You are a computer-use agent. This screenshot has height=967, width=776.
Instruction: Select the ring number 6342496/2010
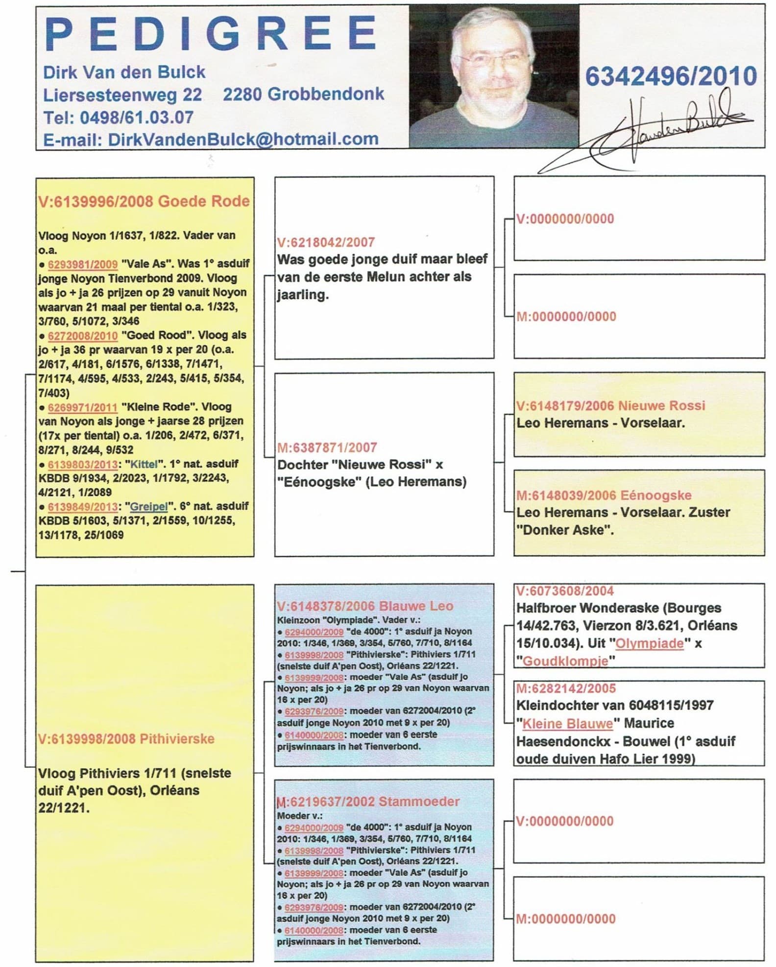pyautogui.click(x=671, y=76)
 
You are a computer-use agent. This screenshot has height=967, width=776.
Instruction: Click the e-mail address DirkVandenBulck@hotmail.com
pyautogui.click(x=243, y=139)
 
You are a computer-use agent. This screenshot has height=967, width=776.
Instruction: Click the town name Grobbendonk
pyautogui.click(x=327, y=94)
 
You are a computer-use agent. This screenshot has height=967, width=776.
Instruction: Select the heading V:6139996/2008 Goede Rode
pyautogui.click(x=144, y=201)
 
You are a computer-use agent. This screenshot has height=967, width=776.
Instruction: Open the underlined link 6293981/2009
pyautogui.click(x=82, y=264)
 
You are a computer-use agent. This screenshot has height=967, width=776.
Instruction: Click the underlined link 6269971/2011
pyautogui.click(x=82, y=407)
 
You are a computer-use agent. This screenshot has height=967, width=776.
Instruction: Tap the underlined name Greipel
pyautogui.click(x=148, y=506)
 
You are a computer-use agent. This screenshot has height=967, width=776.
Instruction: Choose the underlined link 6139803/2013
pyautogui.click(x=82, y=464)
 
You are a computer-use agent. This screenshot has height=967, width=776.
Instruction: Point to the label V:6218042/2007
pyautogui.click(x=326, y=242)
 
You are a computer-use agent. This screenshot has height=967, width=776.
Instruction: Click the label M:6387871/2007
pyautogui.click(x=327, y=448)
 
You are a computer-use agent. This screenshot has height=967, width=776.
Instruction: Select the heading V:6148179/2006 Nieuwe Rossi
pyautogui.click(x=610, y=405)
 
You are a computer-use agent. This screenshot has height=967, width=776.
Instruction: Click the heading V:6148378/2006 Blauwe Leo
pyautogui.click(x=365, y=606)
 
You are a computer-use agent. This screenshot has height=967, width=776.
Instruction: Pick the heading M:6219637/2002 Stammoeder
pyautogui.click(x=368, y=802)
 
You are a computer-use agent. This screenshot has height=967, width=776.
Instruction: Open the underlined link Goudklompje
pyautogui.click(x=565, y=661)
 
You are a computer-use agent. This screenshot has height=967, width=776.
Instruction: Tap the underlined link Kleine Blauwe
pyautogui.click(x=567, y=723)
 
